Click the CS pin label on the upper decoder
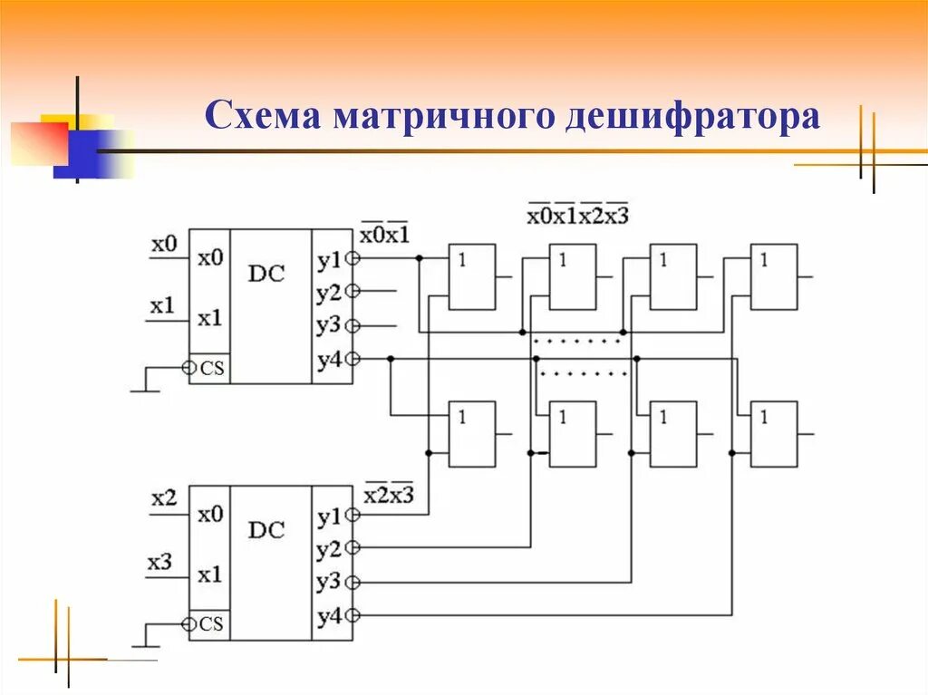pos(212,368)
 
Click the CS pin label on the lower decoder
pos(211,624)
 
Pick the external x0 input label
pos(164,244)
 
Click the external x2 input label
pos(164,499)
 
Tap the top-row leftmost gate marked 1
pos(472,276)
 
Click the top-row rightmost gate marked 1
pos(774,276)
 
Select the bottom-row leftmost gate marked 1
pos(472,434)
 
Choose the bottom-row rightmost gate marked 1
pos(774,434)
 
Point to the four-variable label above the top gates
pos(577,216)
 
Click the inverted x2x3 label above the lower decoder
pos(388,495)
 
